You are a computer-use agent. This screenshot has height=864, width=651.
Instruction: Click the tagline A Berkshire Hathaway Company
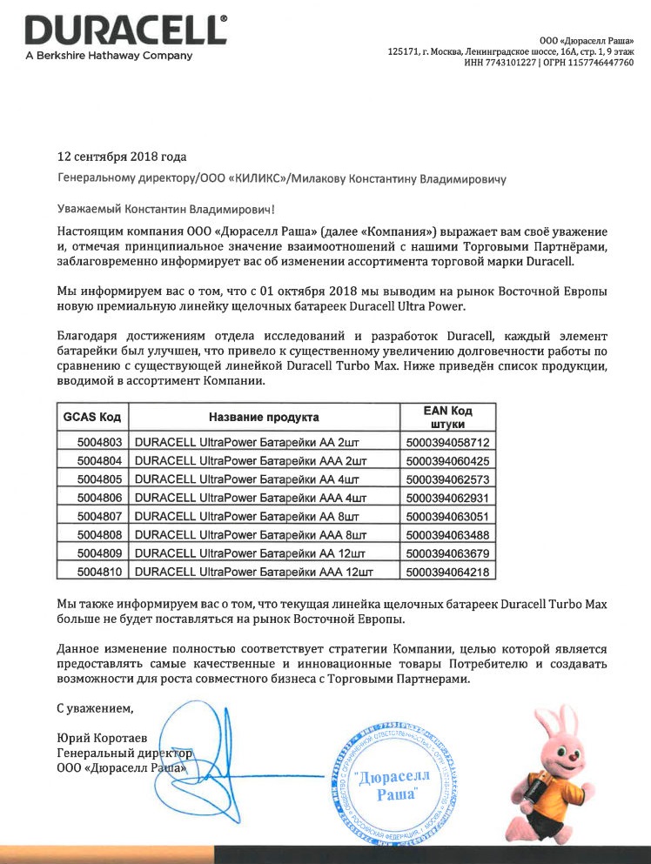pos(109,56)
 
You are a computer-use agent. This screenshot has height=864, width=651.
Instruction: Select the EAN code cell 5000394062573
pos(447,479)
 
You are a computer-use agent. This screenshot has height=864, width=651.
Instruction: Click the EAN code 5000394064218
pos(447,572)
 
